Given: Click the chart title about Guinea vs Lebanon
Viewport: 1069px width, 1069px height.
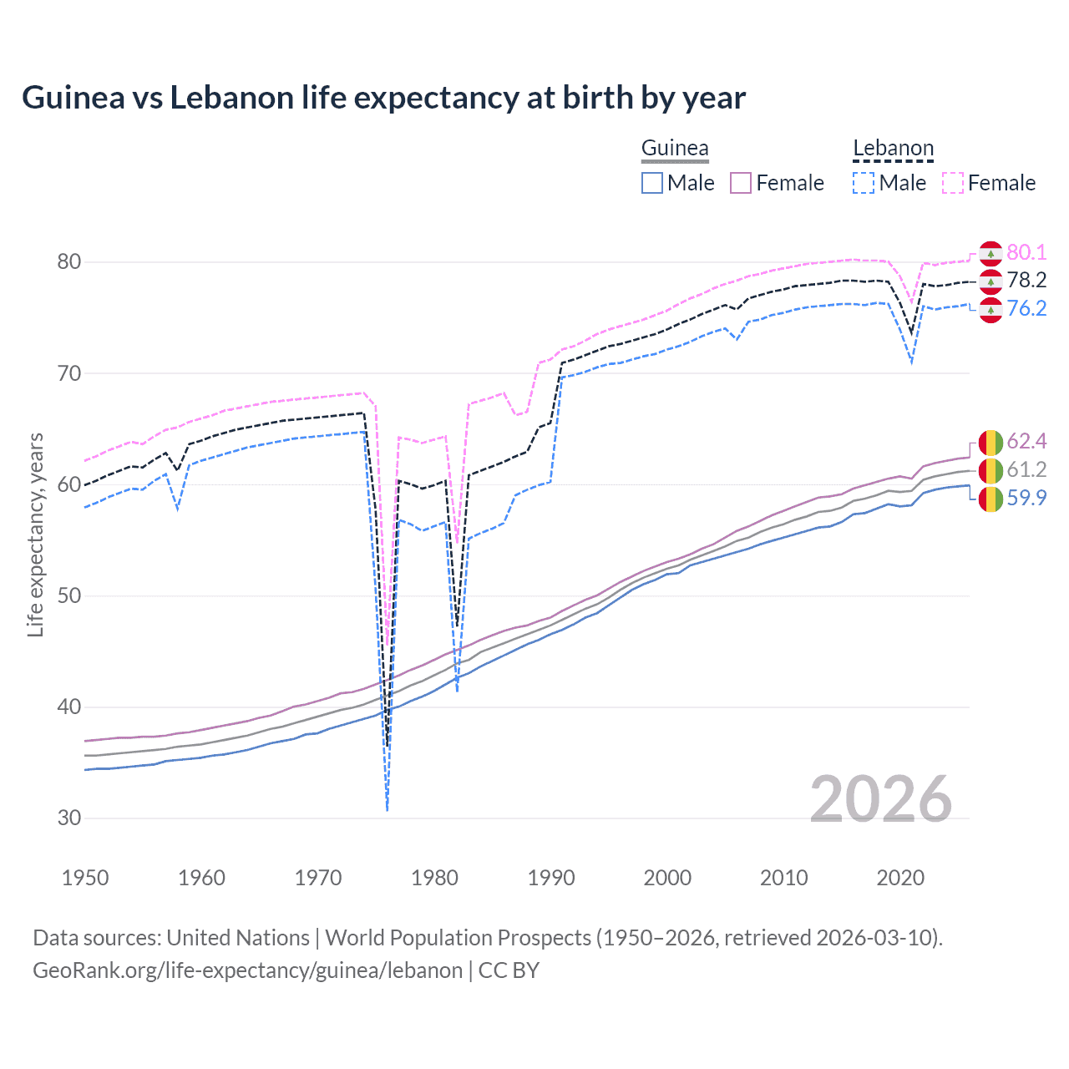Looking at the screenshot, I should pos(383,98).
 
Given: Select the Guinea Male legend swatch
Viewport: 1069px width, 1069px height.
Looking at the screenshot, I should pos(652,183).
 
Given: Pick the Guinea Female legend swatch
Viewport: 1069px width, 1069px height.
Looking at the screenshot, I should pos(742,183).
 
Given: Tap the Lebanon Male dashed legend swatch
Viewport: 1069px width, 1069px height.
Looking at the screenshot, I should pos(864,183).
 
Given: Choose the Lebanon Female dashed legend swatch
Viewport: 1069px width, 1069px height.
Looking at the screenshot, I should pos(953,183).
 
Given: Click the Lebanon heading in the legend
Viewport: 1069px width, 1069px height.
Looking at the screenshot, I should pos(893,149).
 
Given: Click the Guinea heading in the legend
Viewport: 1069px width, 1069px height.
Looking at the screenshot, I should pos(675,149).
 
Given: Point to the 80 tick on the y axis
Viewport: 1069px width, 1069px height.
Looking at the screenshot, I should pos(69,262).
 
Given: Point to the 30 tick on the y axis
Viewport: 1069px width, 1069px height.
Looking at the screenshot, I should pos(69,818).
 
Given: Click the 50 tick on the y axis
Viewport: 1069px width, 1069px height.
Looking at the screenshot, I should pos(69,596).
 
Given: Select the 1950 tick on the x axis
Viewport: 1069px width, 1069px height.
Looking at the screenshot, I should pos(85,878).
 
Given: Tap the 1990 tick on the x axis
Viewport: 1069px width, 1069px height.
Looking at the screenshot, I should pos(551,878).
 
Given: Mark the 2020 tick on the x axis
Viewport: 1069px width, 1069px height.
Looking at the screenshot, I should pos(900,878).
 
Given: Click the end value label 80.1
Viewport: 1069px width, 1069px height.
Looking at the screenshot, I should pos(1026,253).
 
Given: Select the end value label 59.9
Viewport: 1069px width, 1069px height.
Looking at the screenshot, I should pos(1026,499).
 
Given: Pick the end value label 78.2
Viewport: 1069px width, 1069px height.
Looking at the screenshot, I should pos(1026,281).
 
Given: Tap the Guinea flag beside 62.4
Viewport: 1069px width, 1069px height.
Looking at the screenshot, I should pos(990,442).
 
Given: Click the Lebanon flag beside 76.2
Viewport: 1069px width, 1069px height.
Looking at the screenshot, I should pos(990,310).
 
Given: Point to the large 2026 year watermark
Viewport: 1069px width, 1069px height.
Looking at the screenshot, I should pos(881,799).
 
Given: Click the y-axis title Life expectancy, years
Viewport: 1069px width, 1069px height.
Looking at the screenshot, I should pos(36,534).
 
